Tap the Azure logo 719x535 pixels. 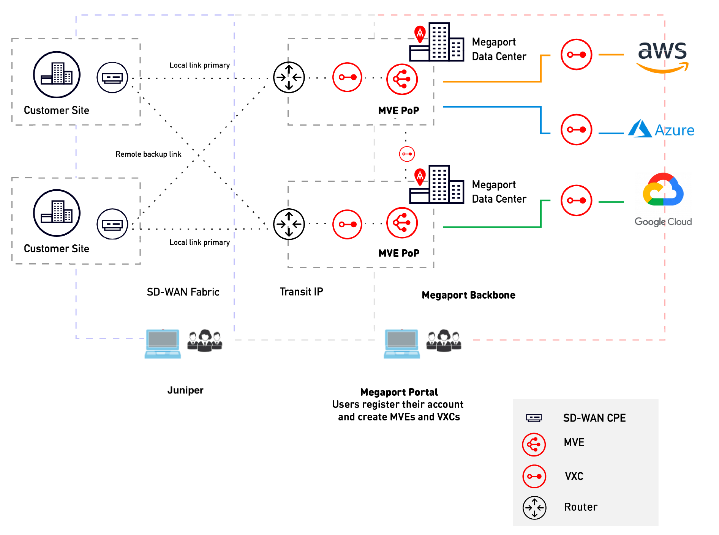(661, 129)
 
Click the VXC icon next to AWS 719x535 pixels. (576, 55)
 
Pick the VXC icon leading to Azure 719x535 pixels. (576, 129)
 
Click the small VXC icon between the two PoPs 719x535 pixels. (407, 154)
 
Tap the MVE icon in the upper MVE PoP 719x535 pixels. (402, 79)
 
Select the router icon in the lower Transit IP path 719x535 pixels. (289, 224)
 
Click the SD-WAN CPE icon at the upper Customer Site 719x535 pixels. (112, 78)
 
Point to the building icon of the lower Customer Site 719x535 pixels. (57, 213)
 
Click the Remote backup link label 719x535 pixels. (148, 154)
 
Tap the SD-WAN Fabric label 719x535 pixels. (183, 292)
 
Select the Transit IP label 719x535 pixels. (301, 291)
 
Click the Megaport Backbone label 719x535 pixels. (468, 295)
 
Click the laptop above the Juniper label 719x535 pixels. (163, 343)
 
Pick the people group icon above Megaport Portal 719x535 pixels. (443, 340)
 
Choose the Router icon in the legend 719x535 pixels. (534, 508)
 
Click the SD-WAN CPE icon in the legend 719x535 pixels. (534, 418)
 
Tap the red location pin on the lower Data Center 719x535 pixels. (420, 176)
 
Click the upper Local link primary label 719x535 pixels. (199, 65)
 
